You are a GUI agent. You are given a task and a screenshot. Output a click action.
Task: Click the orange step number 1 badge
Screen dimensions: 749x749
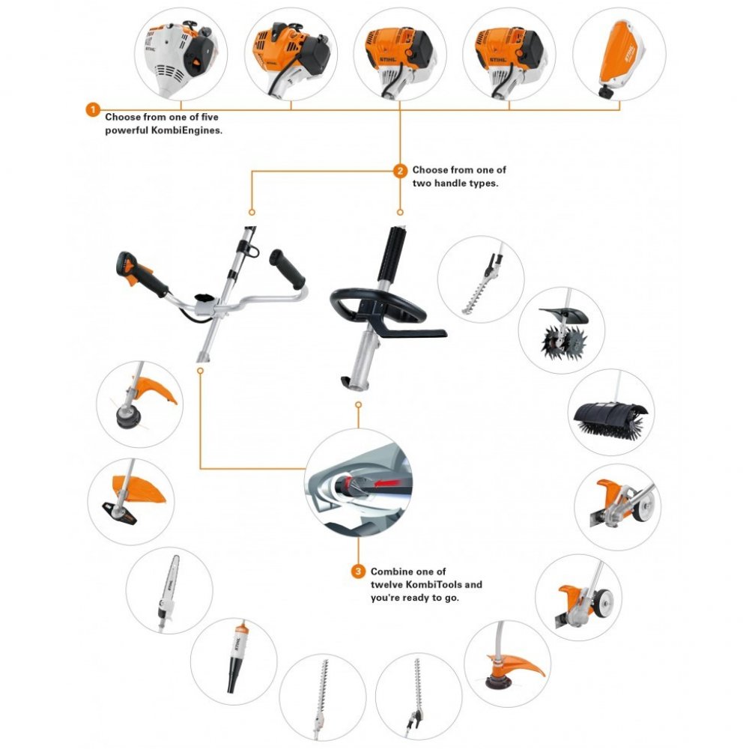point(92,111)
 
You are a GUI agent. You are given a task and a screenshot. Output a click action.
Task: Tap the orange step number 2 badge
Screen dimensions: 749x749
point(400,170)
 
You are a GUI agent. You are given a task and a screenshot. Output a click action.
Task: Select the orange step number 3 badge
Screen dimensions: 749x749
point(358,571)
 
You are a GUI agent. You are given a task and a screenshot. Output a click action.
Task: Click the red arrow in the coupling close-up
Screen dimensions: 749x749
point(386,484)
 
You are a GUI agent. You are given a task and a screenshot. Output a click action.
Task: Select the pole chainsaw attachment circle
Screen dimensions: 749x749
point(169,591)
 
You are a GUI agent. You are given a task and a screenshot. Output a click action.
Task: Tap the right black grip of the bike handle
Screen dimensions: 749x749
point(288,267)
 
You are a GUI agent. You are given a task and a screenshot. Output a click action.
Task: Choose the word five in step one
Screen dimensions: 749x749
point(207,117)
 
